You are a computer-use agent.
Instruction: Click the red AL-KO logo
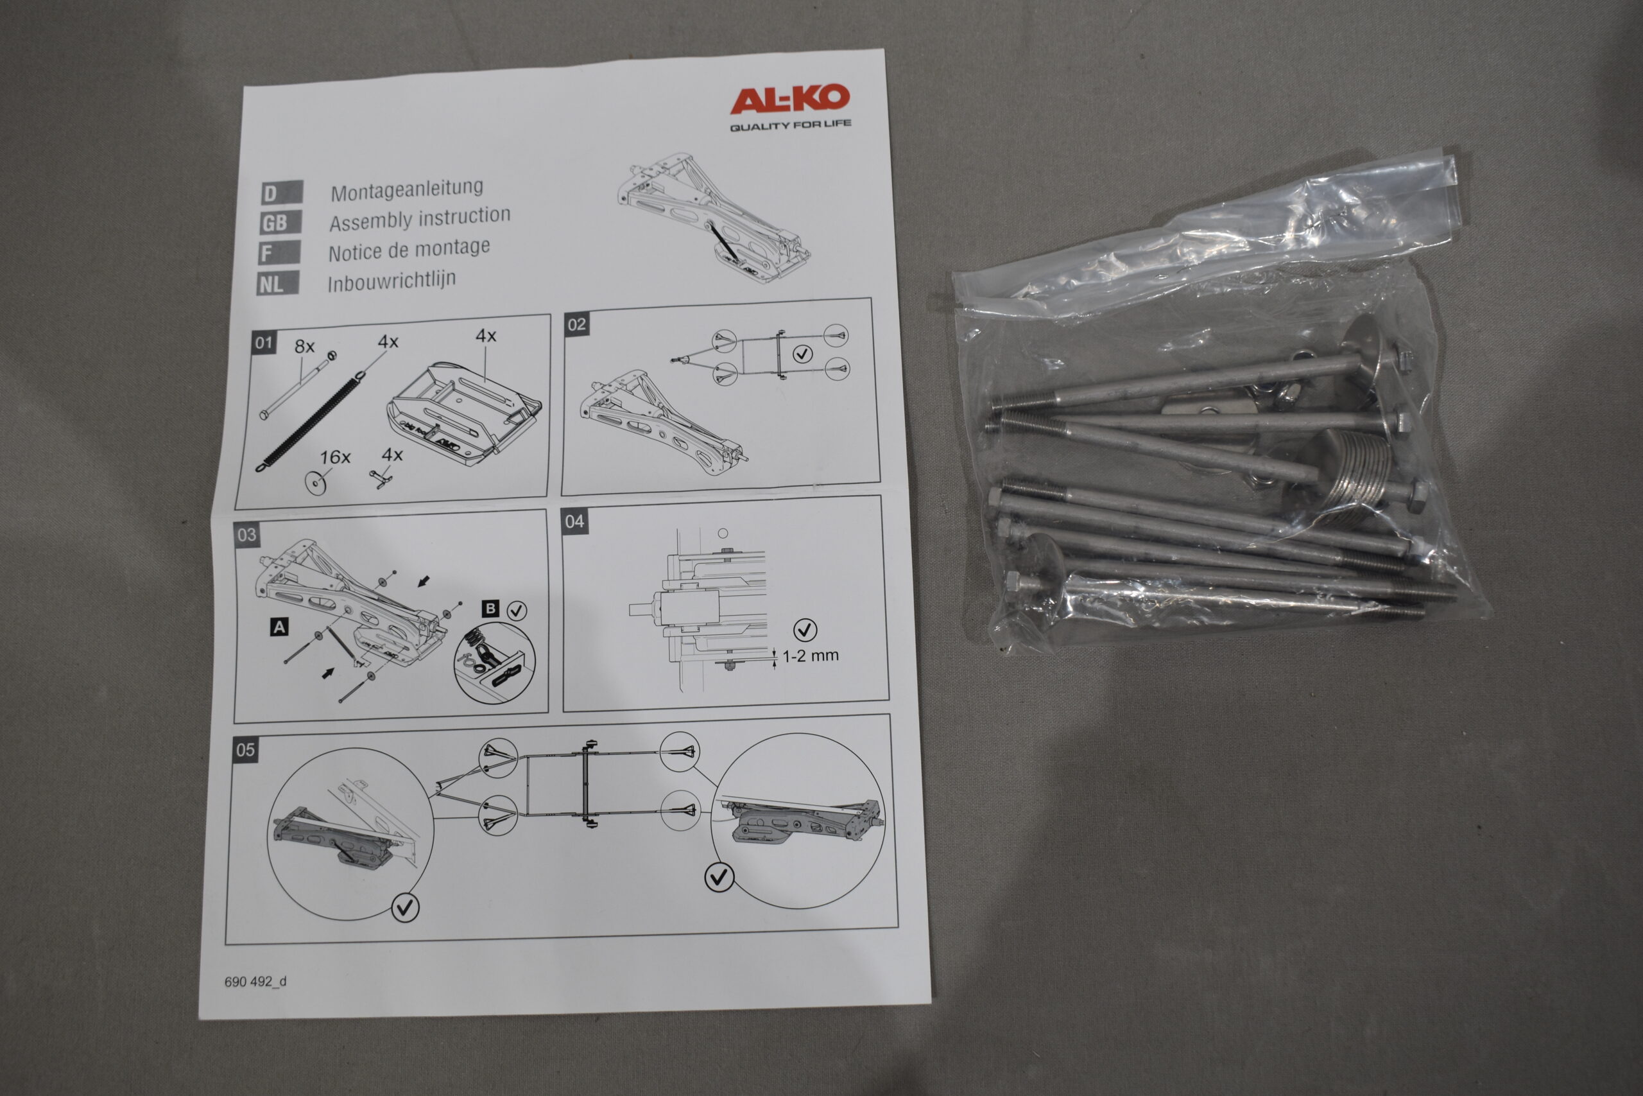coord(789,100)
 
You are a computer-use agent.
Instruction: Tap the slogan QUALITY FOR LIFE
coord(791,125)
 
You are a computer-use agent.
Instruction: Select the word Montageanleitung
coord(406,189)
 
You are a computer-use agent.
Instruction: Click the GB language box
coord(281,223)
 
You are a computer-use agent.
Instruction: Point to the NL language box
coord(279,284)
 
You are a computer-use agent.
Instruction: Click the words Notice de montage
coord(409,250)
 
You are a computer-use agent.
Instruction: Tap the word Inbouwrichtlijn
coord(392,281)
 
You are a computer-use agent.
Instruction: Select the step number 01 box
coord(263,344)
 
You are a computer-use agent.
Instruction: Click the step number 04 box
coord(574,521)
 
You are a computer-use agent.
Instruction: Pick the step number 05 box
coord(245,750)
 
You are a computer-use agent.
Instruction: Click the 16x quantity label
coord(334,457)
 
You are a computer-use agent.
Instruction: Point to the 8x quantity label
coord(305,346)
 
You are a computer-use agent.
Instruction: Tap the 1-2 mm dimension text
coord(811,656)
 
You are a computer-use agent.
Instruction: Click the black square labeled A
coord(279,627)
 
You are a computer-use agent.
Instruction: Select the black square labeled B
coord(490,608)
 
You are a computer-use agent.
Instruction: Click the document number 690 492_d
coord(255,981)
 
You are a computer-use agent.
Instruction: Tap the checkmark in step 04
coord(805,630)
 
